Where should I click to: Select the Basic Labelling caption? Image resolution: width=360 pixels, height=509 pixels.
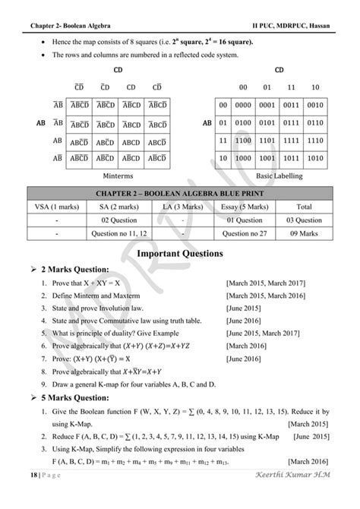tap(279, 174)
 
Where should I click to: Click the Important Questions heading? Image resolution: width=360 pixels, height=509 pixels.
tap(180, 252)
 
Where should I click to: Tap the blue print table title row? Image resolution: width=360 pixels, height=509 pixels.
tap(180, 191)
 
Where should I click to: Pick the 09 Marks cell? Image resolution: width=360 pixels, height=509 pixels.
tap(304, 234)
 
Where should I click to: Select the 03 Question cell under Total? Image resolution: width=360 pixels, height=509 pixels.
tap(304, 220)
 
